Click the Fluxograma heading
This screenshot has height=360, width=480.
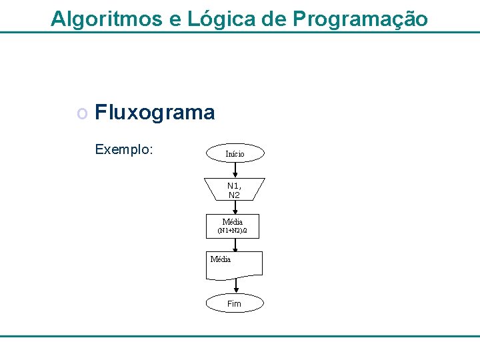[155, 113]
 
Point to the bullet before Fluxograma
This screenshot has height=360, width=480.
[82, 113]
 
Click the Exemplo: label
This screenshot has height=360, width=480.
[124, 149]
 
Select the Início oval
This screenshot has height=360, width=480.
[235, 154]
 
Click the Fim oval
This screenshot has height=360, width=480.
[235, 304]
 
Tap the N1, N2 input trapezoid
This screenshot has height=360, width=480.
[235, 189]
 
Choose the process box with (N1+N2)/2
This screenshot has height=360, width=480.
[233, 226]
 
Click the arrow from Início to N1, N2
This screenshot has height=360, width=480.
[235, 170]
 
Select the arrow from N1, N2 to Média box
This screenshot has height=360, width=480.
[235, 207]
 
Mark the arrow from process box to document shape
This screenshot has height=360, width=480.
[235, 245]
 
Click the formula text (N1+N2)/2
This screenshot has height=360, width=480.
[233, 231]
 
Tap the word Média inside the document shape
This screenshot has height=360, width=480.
[221, 259]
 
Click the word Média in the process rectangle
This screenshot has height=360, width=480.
[233, 221]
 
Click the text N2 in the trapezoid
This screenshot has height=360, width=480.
[234, 195]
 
